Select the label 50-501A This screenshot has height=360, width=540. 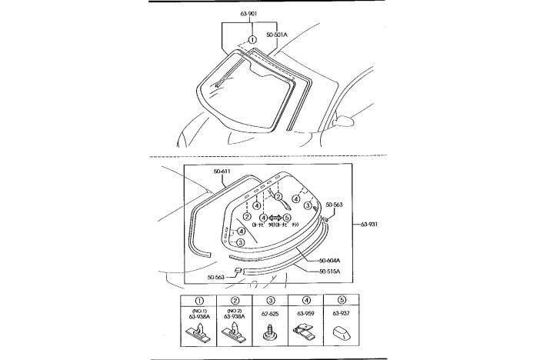click(278, 35)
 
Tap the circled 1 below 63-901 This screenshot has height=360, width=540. click(252, 39)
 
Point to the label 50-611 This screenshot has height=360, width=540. click(223, 172)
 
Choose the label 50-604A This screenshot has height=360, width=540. click(329, 260)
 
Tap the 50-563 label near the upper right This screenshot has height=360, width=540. click(334, 205)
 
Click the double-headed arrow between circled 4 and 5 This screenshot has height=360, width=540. click(275, 218)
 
